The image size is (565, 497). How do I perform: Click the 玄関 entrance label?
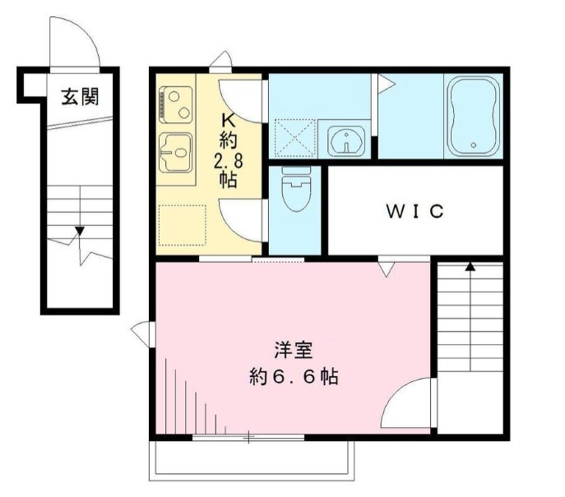80,96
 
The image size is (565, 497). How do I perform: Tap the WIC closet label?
415,210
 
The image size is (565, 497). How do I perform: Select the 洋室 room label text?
294,351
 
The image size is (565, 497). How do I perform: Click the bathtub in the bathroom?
475,116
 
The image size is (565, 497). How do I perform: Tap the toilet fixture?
294,191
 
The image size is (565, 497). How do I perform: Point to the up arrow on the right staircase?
470,265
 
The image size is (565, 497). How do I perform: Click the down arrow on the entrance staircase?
80,231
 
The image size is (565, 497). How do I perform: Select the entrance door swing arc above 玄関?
74,41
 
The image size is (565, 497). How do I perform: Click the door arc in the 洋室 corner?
407,403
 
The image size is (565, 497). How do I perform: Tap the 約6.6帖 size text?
294,378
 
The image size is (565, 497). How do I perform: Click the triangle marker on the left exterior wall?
141,331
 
